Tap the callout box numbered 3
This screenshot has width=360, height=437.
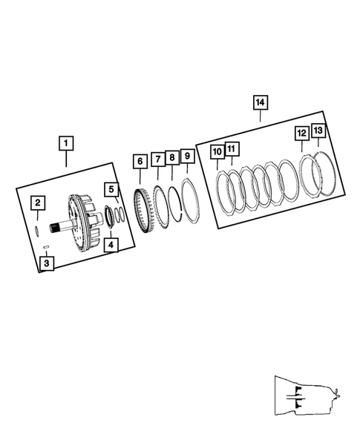[47, 262]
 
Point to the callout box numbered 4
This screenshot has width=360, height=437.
[110, 243]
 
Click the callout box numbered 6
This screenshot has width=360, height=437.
[139, 161]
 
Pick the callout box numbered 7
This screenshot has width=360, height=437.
[157, 159]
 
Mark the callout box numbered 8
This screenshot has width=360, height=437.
[171, 157]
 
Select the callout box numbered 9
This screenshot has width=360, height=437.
[187, 156]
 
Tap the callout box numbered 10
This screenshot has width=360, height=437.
[217, 152]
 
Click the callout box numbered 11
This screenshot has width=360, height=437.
[231, 150]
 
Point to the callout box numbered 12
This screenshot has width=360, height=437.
[301, 134]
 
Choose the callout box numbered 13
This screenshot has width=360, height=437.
[318, 131]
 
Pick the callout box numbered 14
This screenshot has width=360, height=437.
[260, 102]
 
